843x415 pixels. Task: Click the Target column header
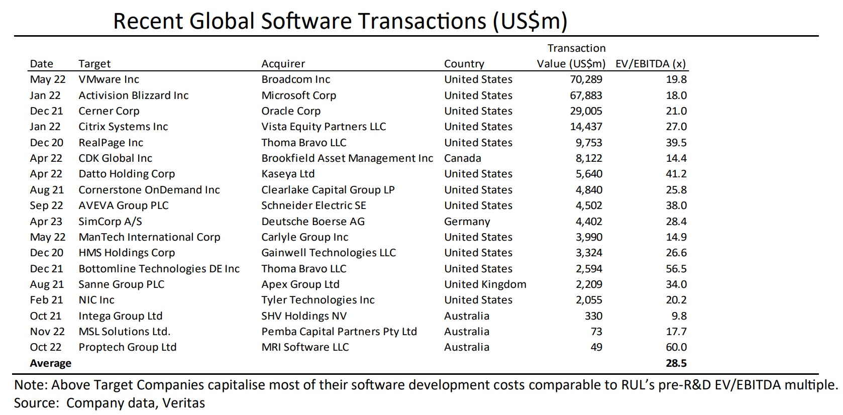tap(94, 64)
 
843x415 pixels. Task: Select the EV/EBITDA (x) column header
tap(650, 64)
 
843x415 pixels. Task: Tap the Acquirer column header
tap(283, 64)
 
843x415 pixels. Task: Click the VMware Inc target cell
tap(109, 79)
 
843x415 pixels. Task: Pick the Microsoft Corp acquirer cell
tap(298, 95)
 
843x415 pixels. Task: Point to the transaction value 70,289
tap(586, 79)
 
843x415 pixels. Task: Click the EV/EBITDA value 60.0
tap(676, 347)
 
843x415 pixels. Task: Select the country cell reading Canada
tap(462, 158)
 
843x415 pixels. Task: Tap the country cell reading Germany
tap(467, 222)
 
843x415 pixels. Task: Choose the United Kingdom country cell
tap(485, 284)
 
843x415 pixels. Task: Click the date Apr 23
tap(46, 222)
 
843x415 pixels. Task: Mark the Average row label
tap(50, 363)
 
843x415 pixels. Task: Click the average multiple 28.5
tap(676, 363)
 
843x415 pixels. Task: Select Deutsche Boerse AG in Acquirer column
tap(312, 222)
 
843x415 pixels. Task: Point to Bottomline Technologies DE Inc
tap(159, 269)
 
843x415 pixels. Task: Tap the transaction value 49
tap(596, 347)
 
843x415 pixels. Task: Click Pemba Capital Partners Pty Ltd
tap(339, 332)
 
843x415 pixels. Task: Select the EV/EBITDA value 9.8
tap(679, 316)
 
